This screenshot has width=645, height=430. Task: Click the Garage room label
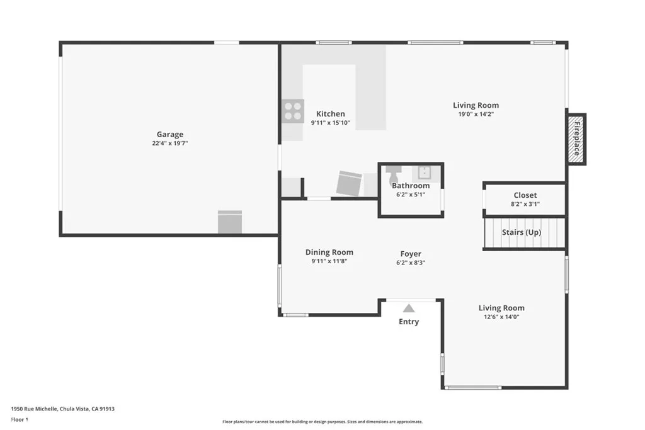(170, 134)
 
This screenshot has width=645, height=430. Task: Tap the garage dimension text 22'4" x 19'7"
(170, 144)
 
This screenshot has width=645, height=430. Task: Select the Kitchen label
(330, 114)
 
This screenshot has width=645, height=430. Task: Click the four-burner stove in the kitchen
(292, 111)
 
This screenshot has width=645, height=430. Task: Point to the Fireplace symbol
(576, 139)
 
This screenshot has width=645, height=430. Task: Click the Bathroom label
(411, 186)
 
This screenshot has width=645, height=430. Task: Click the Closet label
(525, 195)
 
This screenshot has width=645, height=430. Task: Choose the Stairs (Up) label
(521, 232)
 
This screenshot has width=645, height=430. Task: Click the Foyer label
(411, 254)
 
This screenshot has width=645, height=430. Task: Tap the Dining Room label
(329, 252)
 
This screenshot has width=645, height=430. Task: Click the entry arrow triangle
(409, 308)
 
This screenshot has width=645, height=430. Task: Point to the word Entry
(409, 322)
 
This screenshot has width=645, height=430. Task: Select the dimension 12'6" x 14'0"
(501, 317)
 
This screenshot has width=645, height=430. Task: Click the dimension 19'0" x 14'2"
(476, 115)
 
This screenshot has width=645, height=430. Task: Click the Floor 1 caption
(20, 419)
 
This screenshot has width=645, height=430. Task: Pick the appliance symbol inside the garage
(230, 222)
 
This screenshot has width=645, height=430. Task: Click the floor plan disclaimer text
(322, 422)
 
